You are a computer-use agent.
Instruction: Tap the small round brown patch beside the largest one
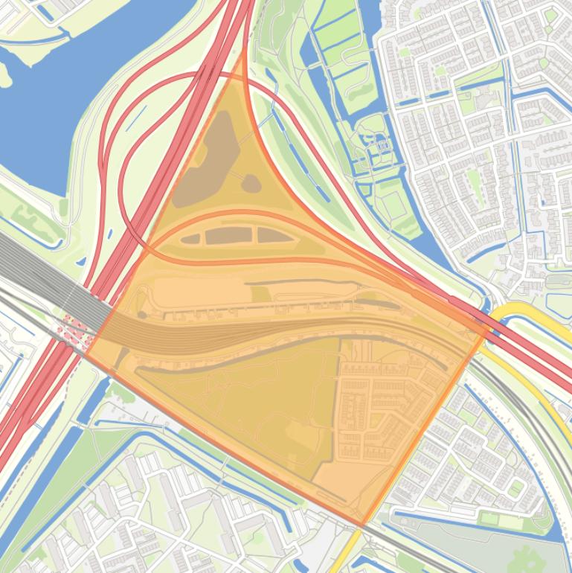(x=251, y=182)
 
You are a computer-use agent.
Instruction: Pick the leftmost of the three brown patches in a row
(x=191, y=239)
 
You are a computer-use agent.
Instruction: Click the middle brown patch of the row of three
(x=228, y=236)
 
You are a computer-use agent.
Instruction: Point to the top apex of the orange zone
(x=244, y=54)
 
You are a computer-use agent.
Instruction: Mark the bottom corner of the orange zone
(x=363, y=525)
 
